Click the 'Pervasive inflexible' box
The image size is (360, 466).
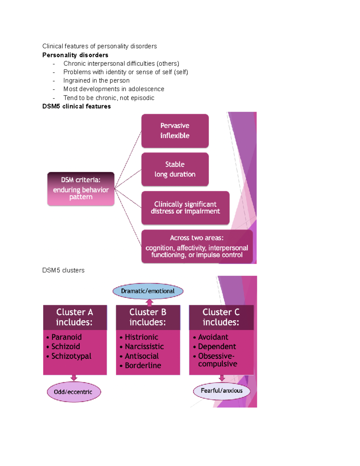point(175,131)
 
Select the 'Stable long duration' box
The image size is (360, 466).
point(175,169)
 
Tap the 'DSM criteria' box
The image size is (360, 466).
point(81,189)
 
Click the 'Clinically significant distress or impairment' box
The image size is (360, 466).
point(185,208)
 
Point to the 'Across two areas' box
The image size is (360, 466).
point(197,246)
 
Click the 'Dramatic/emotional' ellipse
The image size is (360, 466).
point(148,291)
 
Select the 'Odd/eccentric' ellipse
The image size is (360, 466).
point(73,392)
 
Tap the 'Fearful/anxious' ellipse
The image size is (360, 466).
point(221,391)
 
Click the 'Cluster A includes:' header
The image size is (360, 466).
point(75,317)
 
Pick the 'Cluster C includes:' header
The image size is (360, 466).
point(221,317)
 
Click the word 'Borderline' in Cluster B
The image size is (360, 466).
point(143,365)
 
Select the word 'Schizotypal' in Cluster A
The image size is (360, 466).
point(71,356)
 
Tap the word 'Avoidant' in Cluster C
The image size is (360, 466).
point(213,337)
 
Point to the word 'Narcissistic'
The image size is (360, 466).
point(144,347)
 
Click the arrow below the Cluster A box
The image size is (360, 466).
point(74,378)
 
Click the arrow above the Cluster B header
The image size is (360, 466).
point(149,302)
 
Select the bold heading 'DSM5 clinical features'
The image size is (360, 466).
point(76,106)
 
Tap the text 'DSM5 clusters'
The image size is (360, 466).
point(63,270)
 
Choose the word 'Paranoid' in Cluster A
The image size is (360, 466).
point(66,337)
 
